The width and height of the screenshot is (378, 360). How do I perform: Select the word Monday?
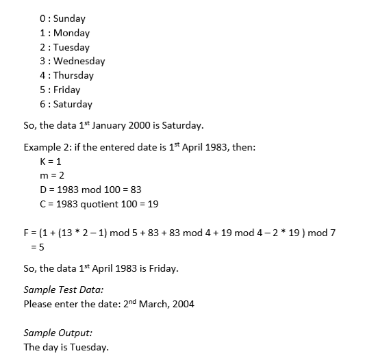[x=71, y=33]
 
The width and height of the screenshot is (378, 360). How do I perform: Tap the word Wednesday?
[x=79, y=61]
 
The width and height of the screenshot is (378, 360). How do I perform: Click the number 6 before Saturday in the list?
[x=43, y=104]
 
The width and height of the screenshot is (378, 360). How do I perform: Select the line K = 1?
[x=51, y=162]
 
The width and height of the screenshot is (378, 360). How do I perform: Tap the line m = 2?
[x=52, y=176]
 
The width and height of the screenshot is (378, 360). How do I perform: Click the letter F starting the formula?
[x=27, y=233]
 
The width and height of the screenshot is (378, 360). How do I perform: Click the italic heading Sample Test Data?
[x=63, y=290]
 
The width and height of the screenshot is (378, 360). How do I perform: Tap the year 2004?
[x=181, y=304]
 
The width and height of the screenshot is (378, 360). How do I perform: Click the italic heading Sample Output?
[x=58, y=333]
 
